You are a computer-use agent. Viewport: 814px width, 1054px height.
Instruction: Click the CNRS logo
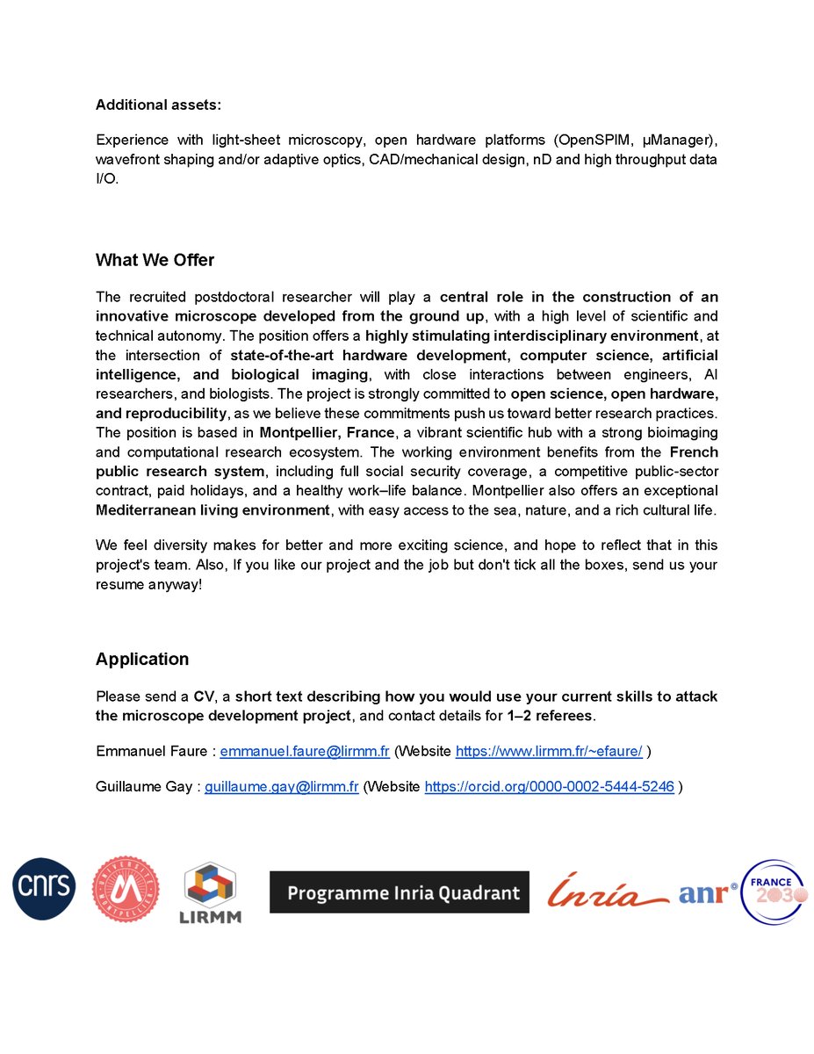coord(44,889)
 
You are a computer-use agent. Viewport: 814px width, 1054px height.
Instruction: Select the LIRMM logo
coord(211,893)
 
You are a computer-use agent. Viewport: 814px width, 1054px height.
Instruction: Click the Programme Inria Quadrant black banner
coord(399,892)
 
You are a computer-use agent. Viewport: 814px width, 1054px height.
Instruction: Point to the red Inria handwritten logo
coord(607,892)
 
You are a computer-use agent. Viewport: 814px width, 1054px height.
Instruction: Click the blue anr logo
coord(705,893)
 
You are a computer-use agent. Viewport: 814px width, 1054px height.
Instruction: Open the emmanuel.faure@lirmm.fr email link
coord(305,752)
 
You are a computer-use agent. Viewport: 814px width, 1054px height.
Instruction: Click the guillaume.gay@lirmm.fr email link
coord(282,787)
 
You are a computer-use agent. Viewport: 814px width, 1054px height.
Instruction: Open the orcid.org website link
coord(549,787)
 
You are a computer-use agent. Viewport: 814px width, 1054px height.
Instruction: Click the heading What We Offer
coord(155,260)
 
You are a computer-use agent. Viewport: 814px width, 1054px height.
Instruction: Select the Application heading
coord(141,659)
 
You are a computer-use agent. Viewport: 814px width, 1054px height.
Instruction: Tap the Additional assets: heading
coord(158,105)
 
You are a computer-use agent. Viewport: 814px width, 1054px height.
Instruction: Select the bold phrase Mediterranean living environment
coord(212,510)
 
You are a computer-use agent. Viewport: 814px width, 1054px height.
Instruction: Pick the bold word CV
coord(204,697)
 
